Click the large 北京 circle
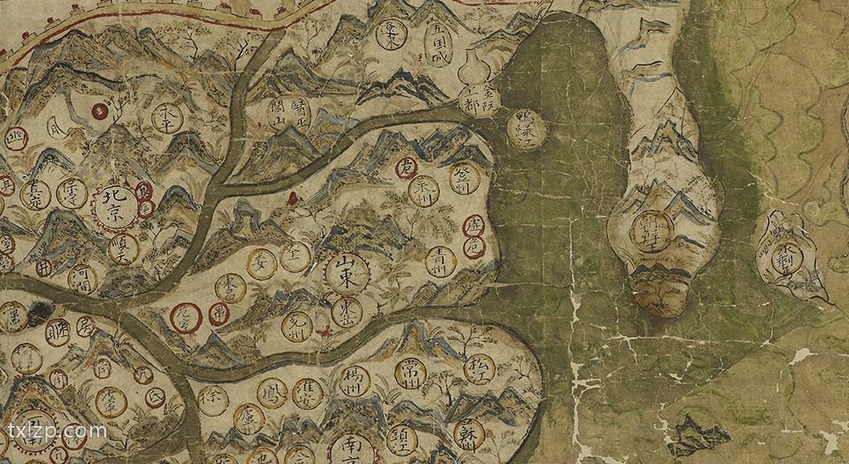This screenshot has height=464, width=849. (x=116, y=206)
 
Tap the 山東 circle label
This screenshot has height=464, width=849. (x=347, y=273)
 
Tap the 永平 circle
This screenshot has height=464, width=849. (x=167, y=117)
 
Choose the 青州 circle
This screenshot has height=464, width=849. (x=440, y=260)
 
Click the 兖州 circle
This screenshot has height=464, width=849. (x=297, y=326)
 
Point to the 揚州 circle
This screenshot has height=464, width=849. (x=352, y=382)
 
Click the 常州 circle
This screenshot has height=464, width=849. (x=410, y=371)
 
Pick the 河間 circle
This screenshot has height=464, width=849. (x=82, y=278)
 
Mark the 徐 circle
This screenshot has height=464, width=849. (x=213, y=400)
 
